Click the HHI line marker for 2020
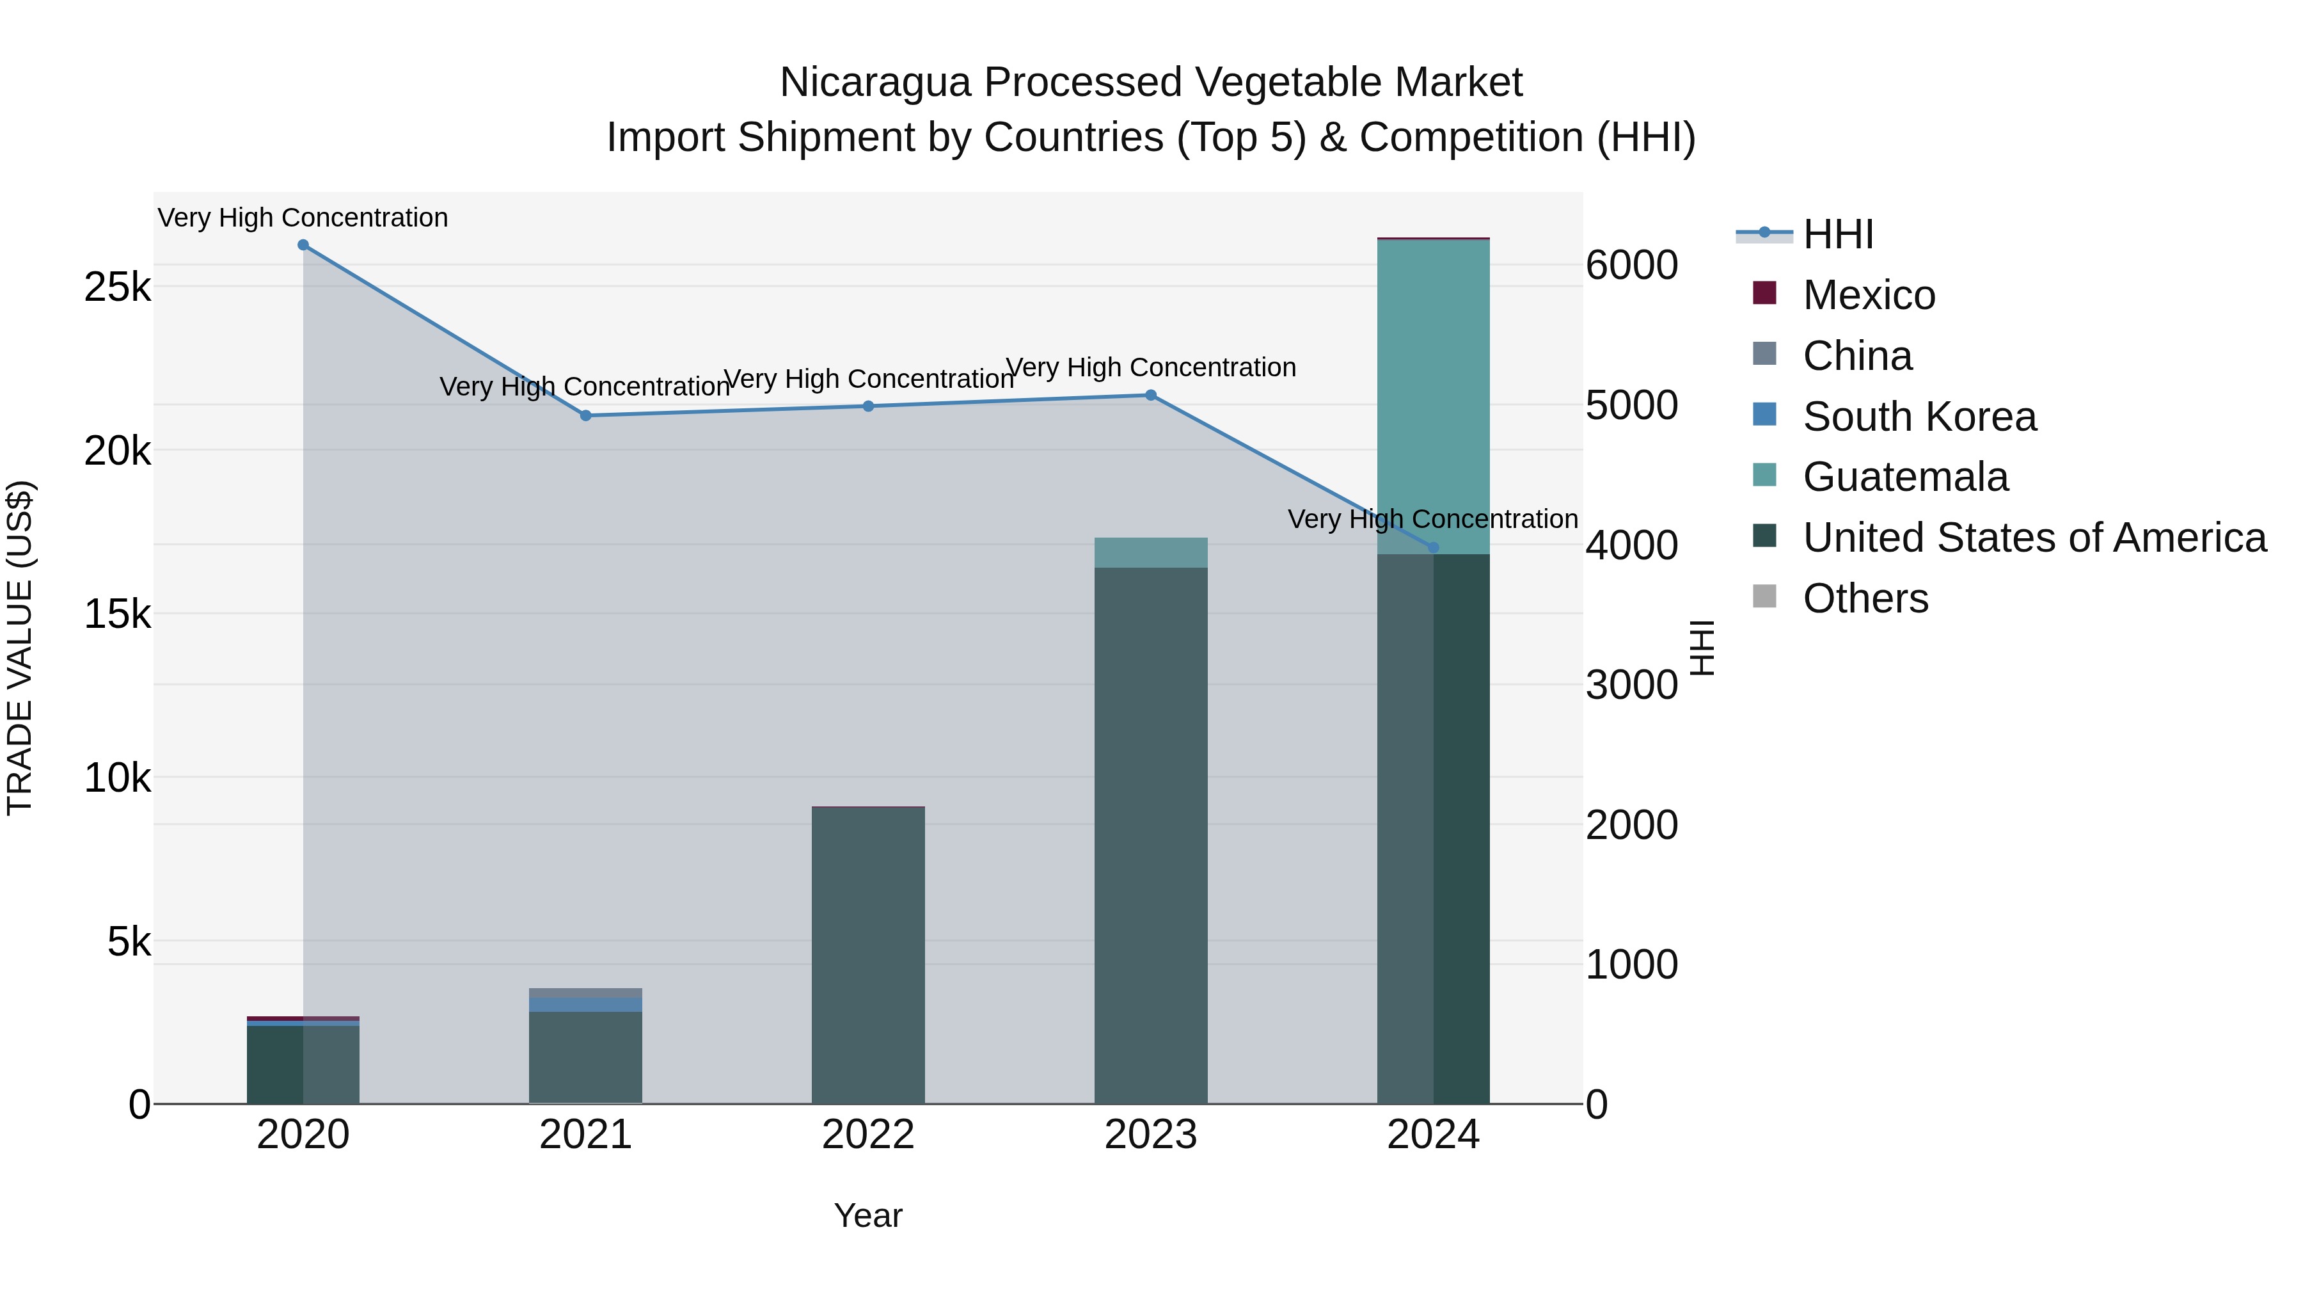pos(303,245)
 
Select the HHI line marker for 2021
pos(585,416)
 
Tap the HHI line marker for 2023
pos(1151,396)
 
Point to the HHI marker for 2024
pos(1433,547)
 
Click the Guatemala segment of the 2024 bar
pos(1433,394)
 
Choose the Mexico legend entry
pos(1869,295)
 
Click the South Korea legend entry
pos(1919,417)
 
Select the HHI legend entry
pos(1837,234)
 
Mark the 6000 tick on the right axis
pos(1631,266)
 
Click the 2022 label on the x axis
pos(868,1135)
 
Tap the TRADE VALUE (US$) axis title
pos(20,648)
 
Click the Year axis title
pos(868,1215)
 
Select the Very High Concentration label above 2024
pos(1432,519)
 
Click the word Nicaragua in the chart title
pos(875,83)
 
